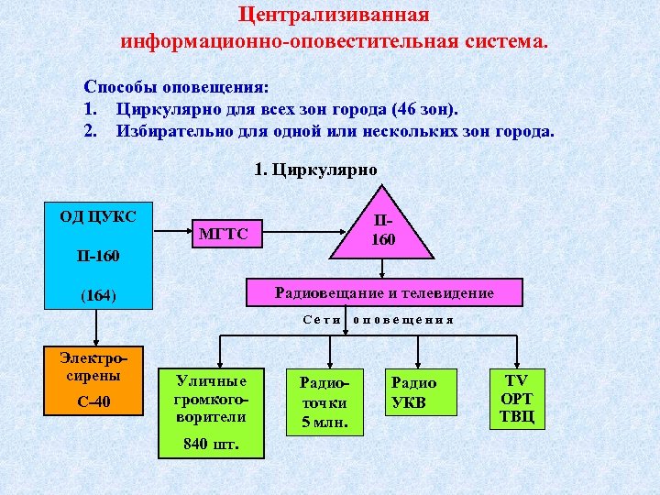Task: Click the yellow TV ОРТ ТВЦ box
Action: pos(517,398)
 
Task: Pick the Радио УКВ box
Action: pos(414,392)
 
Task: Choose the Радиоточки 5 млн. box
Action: pos(324,401)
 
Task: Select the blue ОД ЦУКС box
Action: pos(97,257)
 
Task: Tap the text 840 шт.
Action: pos(211,445)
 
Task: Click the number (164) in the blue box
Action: pos(97,295)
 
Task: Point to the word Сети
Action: pos(322,321)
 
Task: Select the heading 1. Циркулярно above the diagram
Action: pos(315,169)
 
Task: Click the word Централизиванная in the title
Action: pos(334,16)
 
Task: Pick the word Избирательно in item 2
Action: pos(167,130)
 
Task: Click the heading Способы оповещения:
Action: pos(176,87)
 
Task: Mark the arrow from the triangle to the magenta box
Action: pos(384,269)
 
